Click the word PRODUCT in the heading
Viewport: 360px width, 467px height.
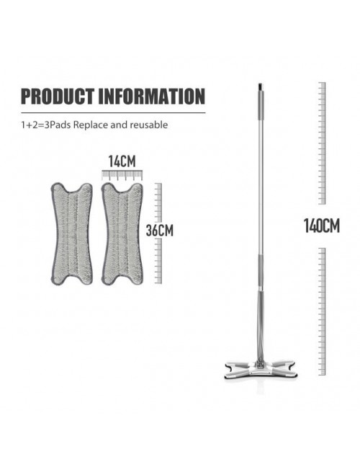58,96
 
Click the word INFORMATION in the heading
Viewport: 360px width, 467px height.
152,96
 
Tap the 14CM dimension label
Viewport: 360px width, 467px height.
122,161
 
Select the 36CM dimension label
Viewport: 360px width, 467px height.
159,231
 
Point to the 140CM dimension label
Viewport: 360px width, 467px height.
322,226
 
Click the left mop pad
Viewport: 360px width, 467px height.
71,233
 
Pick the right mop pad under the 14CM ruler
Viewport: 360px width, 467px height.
122,233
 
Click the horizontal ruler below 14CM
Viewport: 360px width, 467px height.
122,175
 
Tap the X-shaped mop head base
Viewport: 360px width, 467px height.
259,370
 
